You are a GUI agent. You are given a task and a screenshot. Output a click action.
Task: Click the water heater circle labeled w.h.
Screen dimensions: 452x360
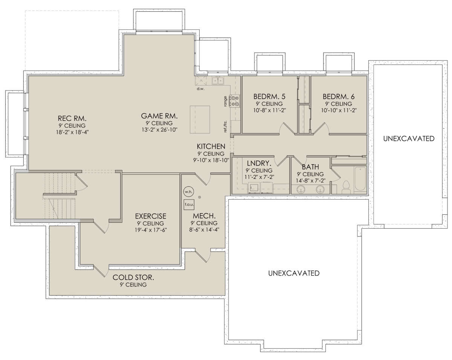pyautogui.click(x=188, y=192)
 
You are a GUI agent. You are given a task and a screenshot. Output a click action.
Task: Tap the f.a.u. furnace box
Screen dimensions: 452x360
pyautogui.click(x=189, y=204)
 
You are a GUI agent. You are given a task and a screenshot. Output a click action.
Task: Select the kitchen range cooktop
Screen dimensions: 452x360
pyautogui.click(x=234, y=101)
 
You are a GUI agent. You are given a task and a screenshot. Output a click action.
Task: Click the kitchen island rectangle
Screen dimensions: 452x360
pyautogui.click(x=200, y=119)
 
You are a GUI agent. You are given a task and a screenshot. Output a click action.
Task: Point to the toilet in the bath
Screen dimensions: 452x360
pyautogui.click(x=346, y=187)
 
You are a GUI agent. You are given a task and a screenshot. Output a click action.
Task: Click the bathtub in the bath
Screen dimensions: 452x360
pyautogui.click(x=360, y=179)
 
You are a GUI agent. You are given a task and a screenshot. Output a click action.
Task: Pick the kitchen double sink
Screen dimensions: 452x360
pyautogui.click(x=218, y=80)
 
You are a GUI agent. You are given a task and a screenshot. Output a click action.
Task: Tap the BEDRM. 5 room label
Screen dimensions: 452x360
pyautogui.click(x=269, y=97)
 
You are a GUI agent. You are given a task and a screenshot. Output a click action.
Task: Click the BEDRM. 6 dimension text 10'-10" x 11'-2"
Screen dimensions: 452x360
pyautogui.click(x=339, y=110)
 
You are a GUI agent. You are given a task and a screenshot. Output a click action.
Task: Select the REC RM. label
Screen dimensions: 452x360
pyautogui.click(x=72, y=119)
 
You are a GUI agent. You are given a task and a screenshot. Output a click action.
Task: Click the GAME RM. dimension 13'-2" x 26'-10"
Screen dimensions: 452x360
pyautogui.click(x=160, y=130)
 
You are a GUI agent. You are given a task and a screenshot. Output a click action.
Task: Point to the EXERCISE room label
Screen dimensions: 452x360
pyautogui.click(x=151, y=216)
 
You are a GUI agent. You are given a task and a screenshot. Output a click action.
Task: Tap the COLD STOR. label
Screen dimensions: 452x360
pyautogui.click(x=133, y=278)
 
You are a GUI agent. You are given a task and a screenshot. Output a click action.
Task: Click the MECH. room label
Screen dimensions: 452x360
pyautogui.click(x=204, y=216)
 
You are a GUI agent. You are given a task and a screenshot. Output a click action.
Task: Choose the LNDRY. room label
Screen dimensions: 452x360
pyautogui.click(x=259, y=163)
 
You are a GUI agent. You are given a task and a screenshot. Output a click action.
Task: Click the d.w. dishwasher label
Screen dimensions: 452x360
pyautogui.click(x=201, y=88)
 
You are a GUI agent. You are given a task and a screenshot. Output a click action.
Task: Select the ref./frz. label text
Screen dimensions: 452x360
pyautogui.click(x=225, y=127)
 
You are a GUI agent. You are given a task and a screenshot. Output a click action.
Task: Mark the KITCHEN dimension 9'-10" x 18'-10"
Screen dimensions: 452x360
pyautogui.click(x=211, y=160)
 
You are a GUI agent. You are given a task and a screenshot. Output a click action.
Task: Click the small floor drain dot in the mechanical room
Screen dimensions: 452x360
pyautogui.click(x=200, y=197)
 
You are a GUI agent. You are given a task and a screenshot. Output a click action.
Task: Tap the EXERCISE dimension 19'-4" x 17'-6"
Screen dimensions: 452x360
pyautogui.click(x=151, y=230)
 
